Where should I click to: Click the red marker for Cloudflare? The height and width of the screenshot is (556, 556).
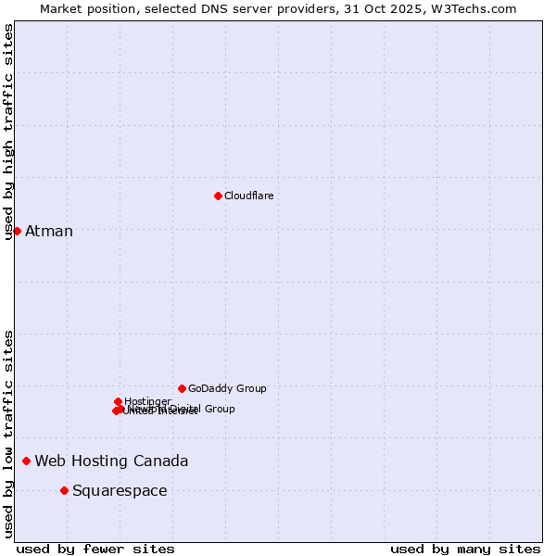click(218, 196)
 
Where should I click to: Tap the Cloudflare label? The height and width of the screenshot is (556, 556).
click(248, 196)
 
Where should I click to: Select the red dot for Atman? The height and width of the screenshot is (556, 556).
click(17, 231)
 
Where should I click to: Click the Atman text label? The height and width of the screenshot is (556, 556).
click(49, 231)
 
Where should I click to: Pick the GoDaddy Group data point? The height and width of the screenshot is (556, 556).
click(182, 388)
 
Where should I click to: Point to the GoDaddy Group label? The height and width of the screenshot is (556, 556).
click(227, 388)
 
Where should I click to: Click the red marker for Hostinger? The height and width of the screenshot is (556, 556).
click(118, 401)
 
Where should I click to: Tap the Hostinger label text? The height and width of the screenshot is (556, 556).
click(148, 401)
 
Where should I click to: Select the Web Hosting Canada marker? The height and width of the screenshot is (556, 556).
click(26, 461)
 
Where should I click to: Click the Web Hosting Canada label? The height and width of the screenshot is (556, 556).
click(111, 461)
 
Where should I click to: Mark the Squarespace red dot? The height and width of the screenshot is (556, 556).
click(64, 490)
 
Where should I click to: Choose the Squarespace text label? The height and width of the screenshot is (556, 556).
click(120, 490)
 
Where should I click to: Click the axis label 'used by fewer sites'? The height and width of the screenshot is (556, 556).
click(95, 549)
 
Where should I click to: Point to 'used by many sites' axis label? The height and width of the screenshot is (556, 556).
click(465, 549)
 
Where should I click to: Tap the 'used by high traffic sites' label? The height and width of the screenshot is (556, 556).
click(9, 132)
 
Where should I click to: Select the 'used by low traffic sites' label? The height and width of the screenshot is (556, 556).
click(9, 434)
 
